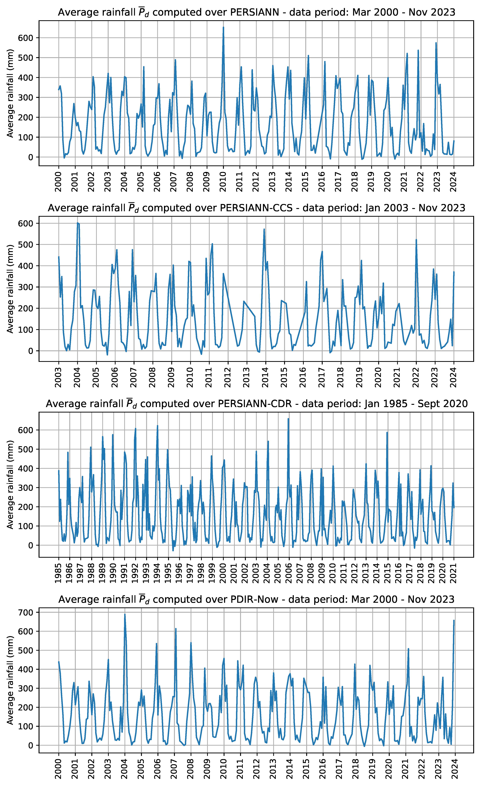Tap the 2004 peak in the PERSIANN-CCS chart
78,223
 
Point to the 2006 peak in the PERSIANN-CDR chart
288,419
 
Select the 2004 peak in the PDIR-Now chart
125,614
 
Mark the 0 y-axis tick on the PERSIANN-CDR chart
31,545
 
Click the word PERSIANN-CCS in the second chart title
256,208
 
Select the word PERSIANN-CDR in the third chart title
255,404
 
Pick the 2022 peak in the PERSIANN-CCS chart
416,240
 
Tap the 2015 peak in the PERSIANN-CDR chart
387,433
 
